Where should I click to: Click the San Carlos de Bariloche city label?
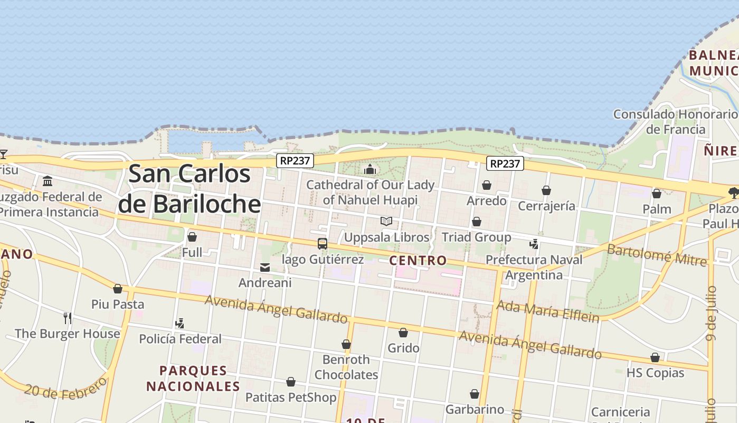click(190, 189)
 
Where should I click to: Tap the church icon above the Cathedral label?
click(370, 169)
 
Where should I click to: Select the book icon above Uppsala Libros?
click(386, 221)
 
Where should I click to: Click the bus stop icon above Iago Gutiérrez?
click(323, 244)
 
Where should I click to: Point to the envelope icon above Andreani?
click(265, 268)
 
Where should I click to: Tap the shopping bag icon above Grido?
click(403, 333)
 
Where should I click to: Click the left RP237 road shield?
click(295, 161)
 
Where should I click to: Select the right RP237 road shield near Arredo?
click(505, 163)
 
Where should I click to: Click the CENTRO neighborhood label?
click(418, 260)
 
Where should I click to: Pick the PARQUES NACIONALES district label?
click(193, 379)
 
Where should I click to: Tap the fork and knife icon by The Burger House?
click(68, 318)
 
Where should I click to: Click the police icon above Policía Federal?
click(180, 323)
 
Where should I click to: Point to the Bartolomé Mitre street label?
click(656, 254)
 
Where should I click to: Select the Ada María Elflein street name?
click(548, 311)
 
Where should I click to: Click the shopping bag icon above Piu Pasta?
click(118, 289)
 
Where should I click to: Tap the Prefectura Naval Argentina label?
click(534, 268)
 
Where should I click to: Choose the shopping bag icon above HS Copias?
click(655, 357)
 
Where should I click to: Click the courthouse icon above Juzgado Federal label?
click(48, 181)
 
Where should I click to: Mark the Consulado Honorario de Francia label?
click(676, 122)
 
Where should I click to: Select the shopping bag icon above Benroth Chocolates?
click(346, 344)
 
